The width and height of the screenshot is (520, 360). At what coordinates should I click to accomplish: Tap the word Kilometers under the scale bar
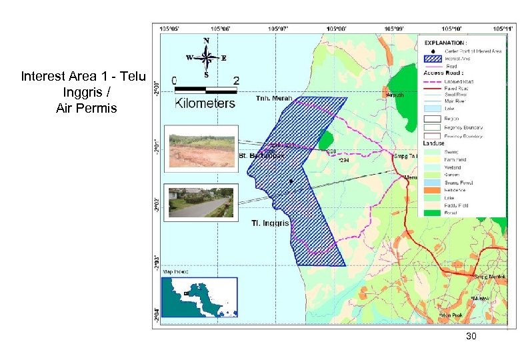[x=205, y=103]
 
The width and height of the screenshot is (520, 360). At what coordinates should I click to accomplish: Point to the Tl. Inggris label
[x=270, y=223]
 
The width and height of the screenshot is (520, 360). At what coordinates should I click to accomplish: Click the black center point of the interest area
[x=291, y=181]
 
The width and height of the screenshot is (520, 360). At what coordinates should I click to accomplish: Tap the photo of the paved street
[x=200, y=201]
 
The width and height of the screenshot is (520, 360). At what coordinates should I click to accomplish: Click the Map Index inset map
[x=200, y=297]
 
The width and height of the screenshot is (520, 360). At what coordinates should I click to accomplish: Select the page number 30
[x=471, y=337]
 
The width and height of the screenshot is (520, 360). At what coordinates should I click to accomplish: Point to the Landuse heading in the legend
[x=435, y=144]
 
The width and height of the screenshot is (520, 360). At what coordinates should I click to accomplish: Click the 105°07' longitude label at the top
[x=279, y=28]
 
